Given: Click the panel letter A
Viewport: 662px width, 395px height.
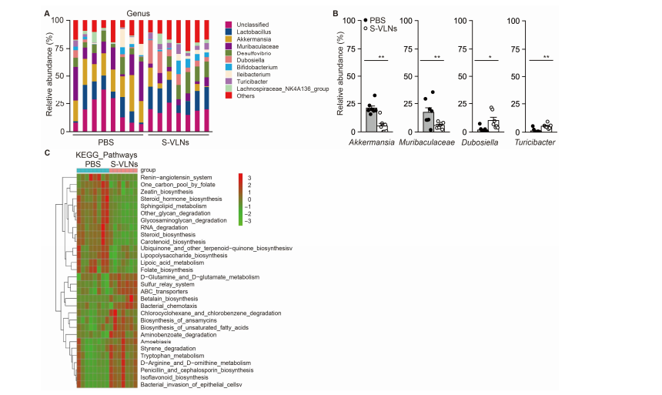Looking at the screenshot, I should pos(48,12).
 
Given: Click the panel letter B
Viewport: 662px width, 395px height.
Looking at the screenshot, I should pos(333,12).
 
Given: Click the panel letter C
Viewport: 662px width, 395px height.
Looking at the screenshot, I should pos(48,152).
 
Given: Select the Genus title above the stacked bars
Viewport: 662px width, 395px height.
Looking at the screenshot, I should pos(139,13).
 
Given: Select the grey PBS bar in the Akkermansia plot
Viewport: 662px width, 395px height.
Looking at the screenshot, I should pos(372,120).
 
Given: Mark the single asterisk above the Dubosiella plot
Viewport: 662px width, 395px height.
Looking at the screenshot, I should pos(480,56).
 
